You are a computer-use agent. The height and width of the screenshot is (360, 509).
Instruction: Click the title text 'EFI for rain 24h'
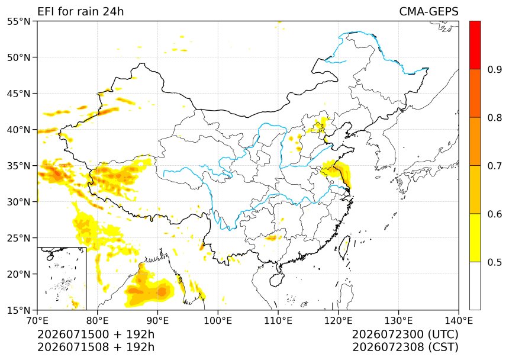80,11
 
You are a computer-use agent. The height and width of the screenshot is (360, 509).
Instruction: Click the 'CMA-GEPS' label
429,11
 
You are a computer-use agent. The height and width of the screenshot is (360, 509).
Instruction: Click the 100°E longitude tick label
218,321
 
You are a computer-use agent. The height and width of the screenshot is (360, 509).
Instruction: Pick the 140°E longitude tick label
459,321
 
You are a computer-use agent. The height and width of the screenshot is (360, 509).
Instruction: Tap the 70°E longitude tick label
37,321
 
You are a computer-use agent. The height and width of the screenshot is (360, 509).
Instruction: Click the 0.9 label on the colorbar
495,69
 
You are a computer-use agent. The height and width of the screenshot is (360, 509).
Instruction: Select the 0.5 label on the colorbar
495,262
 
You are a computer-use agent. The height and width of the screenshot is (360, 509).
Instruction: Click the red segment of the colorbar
475,45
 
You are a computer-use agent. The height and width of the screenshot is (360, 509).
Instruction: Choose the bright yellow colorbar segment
475,237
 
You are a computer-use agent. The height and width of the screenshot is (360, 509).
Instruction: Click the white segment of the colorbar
475,286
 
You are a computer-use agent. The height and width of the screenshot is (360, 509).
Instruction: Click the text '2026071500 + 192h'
96,334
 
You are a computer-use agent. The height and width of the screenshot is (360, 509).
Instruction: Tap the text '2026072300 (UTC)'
405,334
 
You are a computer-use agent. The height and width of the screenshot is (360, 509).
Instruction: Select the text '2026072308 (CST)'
405,347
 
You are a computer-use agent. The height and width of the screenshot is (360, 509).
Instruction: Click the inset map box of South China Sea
62,278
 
